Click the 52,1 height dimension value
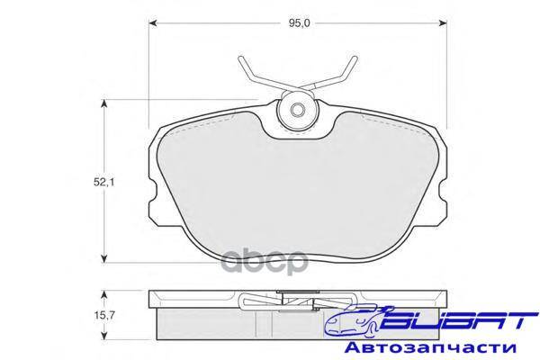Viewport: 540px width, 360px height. [104, 182]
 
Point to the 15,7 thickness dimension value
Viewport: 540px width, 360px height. [104, 315]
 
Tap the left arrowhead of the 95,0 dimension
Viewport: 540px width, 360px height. [153, 23]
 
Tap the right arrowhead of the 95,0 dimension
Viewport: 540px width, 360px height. [443, 23]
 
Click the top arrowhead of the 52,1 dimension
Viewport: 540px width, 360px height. [103, 103]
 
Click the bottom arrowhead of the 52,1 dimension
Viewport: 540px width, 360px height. [103, 258]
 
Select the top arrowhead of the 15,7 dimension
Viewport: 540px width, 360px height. [103, 294]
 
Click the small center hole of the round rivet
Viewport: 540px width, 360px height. [298, 110]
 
